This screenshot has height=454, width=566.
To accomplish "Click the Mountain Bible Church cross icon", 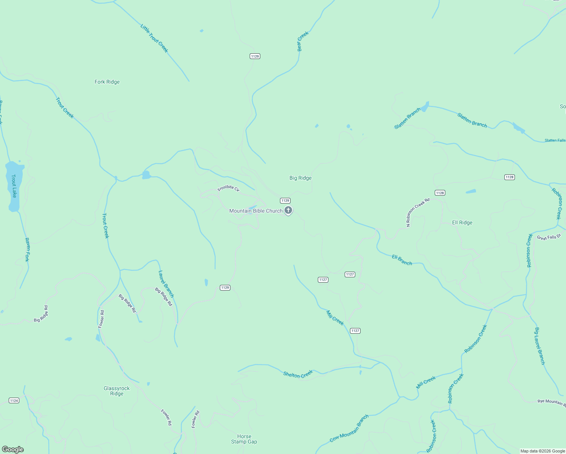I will [x=288, y=210].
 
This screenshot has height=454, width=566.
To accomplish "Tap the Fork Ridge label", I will [x=107, y=82].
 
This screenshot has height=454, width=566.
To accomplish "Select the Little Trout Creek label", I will [x=154, y=38].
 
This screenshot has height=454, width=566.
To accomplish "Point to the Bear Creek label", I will [x=303, y=41].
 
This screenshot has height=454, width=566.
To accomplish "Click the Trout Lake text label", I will [x=14, y=186].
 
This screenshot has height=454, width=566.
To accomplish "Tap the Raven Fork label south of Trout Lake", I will [x=27, y=249].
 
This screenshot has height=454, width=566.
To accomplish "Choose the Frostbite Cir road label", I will [x=229, y=188].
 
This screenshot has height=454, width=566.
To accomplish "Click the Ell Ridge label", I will [x=462, y=222].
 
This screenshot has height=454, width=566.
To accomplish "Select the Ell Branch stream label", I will [x=402, y=260].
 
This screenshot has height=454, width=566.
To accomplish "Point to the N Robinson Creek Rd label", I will [x=418, y=212].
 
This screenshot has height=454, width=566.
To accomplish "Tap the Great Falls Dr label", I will [x=549, y=237].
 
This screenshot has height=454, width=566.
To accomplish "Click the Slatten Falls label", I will [x=555, y=140].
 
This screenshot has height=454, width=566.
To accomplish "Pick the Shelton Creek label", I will [x=298, y=374].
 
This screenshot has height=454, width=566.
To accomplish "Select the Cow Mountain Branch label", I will [x=349, y=429].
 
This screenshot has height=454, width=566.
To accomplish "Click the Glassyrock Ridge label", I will [x=117, y=391].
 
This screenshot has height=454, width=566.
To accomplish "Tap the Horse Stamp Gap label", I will [x=244, y=439].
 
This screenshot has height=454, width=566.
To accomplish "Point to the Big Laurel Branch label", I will [x=540, y=346].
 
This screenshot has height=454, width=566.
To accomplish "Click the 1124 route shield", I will [x=14, y=400].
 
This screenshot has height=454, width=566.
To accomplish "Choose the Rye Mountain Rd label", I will [x=551, y=402].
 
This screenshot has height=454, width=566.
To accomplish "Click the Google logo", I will [x=13, y=449].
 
